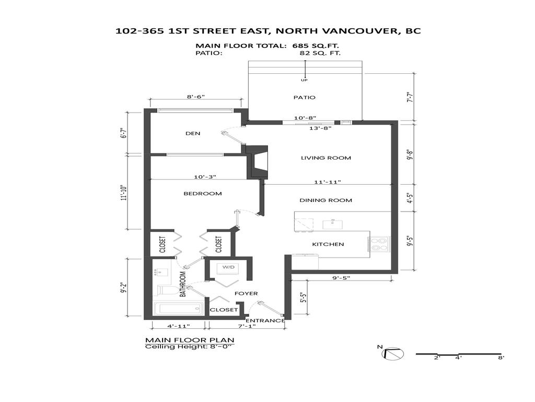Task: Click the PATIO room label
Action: pos(304,97)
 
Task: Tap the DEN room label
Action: pos(193,133)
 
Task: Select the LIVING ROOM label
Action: pos(325,158)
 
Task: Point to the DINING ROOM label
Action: pos(325,200)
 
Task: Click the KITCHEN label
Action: pos(328,244)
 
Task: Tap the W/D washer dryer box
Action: pos(228,267)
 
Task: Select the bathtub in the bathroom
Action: pos(178,309)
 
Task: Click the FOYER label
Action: pos(246,294)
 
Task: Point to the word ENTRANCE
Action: pos(265,321)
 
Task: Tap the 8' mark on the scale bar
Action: pos(501,358)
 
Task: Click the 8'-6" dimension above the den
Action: pos(195,97)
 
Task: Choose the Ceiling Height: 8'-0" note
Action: pos(190,347)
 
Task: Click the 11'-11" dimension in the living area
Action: pos(328,182)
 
